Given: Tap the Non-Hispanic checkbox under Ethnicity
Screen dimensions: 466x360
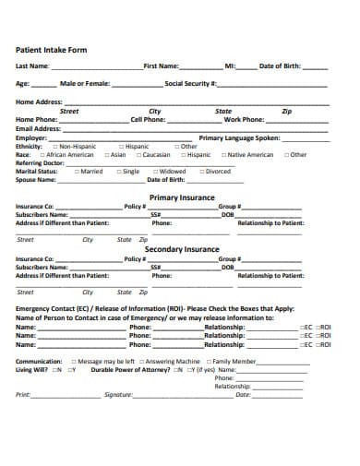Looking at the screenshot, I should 55,146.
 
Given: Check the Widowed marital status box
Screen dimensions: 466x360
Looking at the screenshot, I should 152,171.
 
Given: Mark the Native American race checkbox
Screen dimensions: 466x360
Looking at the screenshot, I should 222,154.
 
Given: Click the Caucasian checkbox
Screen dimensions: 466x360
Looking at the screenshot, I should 138,154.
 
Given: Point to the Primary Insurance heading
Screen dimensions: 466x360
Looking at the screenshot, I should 182,197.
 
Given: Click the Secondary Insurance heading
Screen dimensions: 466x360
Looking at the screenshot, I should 182,248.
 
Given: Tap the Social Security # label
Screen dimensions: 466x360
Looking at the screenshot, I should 191,83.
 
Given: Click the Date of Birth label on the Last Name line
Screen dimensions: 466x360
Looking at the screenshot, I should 281,66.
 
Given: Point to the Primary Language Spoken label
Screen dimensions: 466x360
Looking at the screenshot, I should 237,137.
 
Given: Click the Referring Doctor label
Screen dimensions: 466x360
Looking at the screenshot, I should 40,162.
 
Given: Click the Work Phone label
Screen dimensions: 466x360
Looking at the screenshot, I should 245,119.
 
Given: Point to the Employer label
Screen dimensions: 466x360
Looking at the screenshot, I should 31,137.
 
